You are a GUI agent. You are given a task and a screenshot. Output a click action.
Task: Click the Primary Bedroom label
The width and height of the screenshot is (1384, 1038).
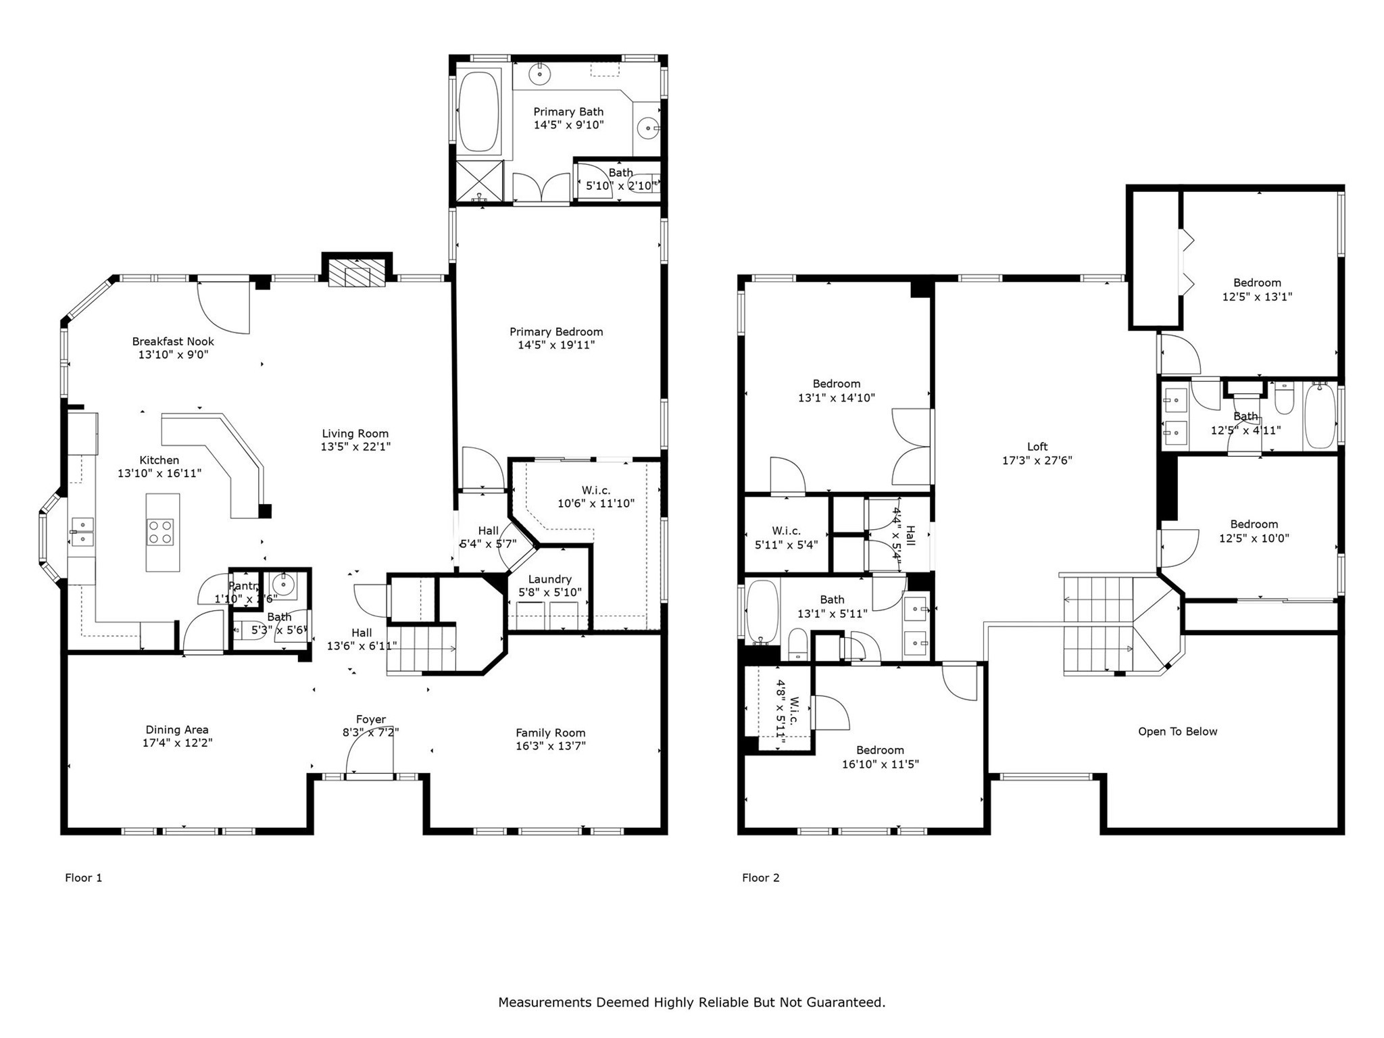(x=555, y=332)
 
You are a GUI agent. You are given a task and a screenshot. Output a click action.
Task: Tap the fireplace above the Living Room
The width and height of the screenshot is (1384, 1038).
(x=357, y=275)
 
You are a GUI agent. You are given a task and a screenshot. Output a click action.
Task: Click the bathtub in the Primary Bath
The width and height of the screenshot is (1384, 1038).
(x=478, y=112)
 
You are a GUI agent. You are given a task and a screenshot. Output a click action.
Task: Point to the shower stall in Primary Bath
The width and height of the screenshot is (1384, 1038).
(x=479, y=180)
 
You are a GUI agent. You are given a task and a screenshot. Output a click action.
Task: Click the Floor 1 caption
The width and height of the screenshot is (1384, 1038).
(x=83, y=878)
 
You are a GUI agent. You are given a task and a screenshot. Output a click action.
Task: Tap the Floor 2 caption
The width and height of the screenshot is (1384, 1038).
(x=760, y=878)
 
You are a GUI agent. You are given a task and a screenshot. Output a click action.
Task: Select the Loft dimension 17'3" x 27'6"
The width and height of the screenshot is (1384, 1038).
(x=1037, y=461)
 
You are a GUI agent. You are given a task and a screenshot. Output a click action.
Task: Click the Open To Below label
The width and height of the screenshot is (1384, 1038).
(x=1177, y=731)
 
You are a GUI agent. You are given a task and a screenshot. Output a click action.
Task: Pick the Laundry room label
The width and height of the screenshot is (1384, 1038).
(x=549, y=579)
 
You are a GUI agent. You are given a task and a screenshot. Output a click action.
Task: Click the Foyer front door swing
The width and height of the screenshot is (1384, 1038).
(x=368, y=753)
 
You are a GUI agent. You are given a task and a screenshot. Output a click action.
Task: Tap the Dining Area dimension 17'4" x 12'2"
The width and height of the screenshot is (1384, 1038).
(x=176, y=743)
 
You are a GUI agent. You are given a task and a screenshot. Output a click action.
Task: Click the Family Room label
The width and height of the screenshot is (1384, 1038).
(x=550, y=733)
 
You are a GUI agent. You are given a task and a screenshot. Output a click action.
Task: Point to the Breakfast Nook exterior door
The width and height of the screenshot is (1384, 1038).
(x=224, y=307)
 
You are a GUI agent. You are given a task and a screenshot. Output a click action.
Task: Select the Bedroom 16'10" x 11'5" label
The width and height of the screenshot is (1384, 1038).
(x=879, y=750)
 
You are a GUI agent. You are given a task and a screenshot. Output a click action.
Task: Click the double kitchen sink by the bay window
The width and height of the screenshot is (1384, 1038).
(x=82, y=532)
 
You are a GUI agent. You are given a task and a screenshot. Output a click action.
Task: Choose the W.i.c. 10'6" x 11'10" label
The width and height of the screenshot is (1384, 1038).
(x=595, y=490)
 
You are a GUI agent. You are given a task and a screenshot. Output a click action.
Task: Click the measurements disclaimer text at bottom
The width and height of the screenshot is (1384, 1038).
(x=691, y=1002)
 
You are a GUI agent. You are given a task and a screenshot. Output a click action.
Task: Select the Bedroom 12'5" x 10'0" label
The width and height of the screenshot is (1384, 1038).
(x=1254, y=524)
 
